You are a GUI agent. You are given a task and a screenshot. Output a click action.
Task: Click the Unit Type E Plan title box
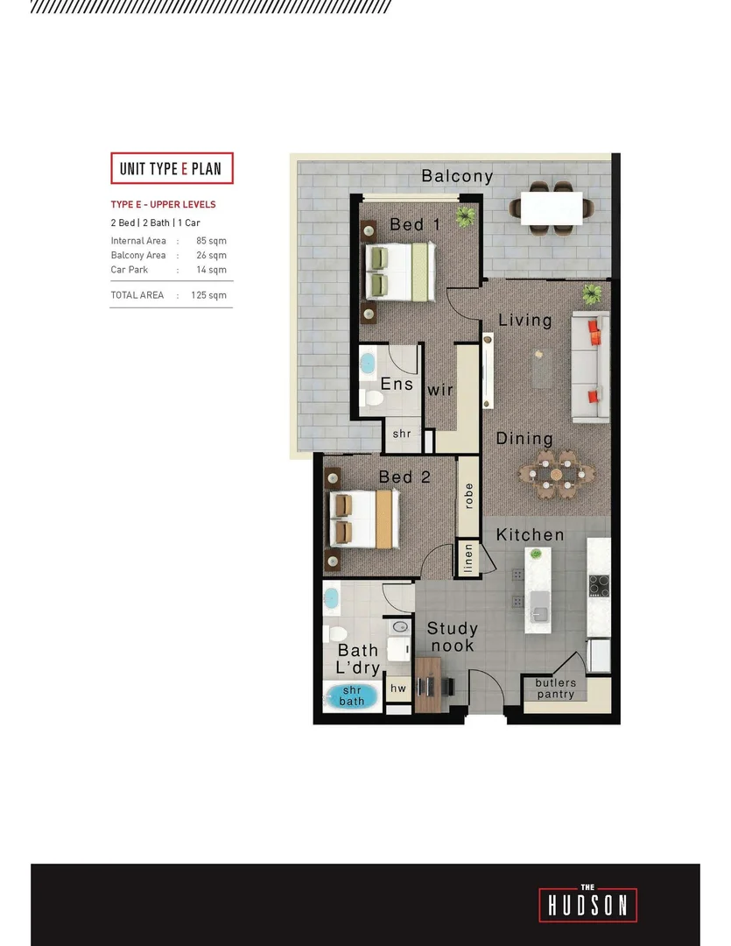pyautogui.click(x=172, y=168)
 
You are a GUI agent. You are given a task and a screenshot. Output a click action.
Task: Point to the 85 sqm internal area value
pyautogui.click(x=211, y=241)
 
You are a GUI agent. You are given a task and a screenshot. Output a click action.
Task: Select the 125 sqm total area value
pyautogui.click(x=210, y=295)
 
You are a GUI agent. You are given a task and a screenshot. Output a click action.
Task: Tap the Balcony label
pyautogui.click(x=457, y=176)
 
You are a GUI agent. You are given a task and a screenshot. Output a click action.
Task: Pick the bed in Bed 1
pyautogui.click(x=399, y=271)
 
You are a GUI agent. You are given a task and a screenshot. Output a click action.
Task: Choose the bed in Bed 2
pyautogui.click(x=365, y=519)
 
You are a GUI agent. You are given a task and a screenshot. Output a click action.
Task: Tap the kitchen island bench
pyautogui.click(x=538, y=589)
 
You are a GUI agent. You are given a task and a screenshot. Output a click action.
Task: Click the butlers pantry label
pyautogui.click(x=556, y=688)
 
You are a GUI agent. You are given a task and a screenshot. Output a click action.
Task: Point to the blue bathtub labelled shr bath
pyautogui.click(x=352, y=697)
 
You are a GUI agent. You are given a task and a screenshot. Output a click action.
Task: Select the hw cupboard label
pyautogui.click(x=398, y=688)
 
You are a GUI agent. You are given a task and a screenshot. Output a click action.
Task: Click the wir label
pyautogui.click(x=439, y=389)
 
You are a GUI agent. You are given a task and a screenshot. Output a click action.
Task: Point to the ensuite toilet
pyautogui.click(x=373, y=399)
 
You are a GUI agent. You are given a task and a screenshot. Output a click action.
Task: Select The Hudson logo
pyautogui.click(x=588, y=904)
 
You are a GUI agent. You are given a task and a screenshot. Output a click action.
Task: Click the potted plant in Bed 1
pyautogui.click(x=465, y=215)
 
